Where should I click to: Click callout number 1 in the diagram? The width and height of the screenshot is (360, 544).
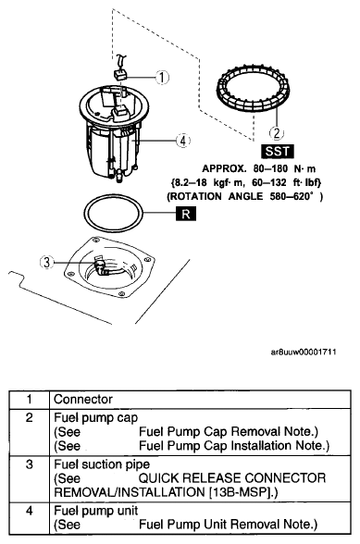pyautogui.click(x=162, y=77)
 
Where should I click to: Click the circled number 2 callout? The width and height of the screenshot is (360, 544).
pyautogui.click(x=277, y=132)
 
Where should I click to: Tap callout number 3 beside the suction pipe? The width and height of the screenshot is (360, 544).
pyautogui.click(x=47, y=263)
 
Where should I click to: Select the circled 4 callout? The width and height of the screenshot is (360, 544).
pyautogui.click(x=183, y=141)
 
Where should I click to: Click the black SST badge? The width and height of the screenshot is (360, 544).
pyautogui.click(x=277, y=152)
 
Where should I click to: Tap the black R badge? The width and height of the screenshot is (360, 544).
pyautogui.click(x=186, y=214)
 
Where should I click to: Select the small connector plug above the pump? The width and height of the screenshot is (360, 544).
pyautogui.click(x=120, y=75)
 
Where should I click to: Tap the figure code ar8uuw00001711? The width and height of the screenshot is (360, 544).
pyautogui.click(x=304, y=352)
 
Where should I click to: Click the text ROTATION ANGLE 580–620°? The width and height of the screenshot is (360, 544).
pyautogui.click(x=245, y=197)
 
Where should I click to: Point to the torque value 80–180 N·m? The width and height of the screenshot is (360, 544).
pyautogui.click(x=284, y=169)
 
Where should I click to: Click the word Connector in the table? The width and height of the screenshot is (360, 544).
pyautogui.click(x=83, y=400)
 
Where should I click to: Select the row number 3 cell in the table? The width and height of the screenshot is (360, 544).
pyautogui.click(x=30, y=464)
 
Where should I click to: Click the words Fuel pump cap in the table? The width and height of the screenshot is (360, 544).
pyautogui.click(x=96, y=418)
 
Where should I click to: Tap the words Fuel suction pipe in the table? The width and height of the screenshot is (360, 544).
pyautogui.click(x=102, y=464)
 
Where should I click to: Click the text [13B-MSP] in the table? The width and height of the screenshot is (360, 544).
pyautogui.click(x=241, y=492)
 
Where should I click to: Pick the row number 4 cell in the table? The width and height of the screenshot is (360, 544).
pyautogui.click(x=30, y=511)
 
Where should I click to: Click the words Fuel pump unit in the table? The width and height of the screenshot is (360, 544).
pyautogui.click(x=96, y=511)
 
